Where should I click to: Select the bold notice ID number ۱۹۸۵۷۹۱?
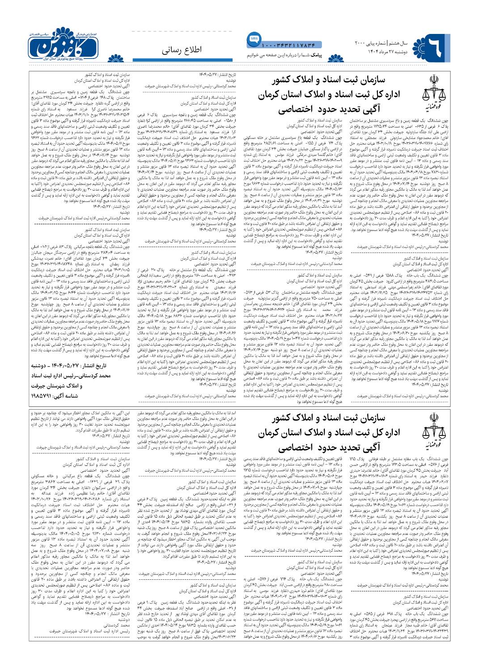pos(43,396)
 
